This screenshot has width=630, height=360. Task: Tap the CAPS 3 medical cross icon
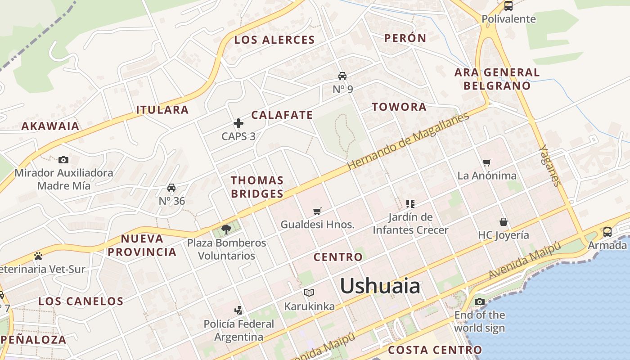238,123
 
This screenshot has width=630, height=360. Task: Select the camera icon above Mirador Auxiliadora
63,160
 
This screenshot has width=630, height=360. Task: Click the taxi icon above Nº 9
342,76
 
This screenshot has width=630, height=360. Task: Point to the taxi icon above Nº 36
171,187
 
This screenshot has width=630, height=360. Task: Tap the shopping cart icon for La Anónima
486,162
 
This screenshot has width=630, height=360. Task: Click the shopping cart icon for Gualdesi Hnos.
317,211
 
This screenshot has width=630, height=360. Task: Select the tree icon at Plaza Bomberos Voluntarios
226,229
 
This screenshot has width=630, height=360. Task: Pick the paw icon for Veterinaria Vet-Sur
38,256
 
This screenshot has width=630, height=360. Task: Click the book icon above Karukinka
309,293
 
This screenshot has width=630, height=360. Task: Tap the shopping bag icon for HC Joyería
504,222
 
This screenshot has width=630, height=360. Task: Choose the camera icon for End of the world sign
480,301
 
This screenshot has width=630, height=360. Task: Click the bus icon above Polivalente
508,6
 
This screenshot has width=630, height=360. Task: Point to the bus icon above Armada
607,232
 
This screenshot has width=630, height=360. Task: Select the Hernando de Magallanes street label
409,140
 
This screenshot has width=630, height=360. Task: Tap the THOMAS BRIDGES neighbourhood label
257,187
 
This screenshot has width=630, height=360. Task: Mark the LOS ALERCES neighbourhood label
274,40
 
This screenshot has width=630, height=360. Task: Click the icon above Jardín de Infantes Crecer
410,204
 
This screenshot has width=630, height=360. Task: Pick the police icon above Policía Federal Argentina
238,310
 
